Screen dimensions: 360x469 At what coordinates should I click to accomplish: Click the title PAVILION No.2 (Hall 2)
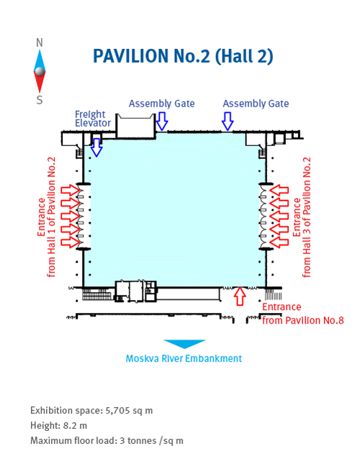click(x=183, y=56)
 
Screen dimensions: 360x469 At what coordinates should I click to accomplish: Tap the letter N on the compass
click(x=39, y=42)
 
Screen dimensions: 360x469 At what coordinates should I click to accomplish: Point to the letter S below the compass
click(x=39, y=99)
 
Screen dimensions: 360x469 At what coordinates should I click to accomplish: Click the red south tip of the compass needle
click(x=40, y=91)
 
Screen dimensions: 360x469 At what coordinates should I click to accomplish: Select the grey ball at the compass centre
click(x=40, y=71)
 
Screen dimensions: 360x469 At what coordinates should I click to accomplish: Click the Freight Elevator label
click(x=93, y=119)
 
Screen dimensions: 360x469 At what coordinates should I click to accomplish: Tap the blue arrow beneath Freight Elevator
click(x=96, y=147)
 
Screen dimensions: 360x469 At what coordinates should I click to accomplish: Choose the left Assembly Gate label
click(x=162, y=104)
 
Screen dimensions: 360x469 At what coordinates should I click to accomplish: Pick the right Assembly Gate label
click(x=256, y=104)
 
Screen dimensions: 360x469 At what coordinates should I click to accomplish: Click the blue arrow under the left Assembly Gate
click(x=162, y=121)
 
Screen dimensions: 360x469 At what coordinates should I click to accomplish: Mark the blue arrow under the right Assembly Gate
click(x=228, y=121)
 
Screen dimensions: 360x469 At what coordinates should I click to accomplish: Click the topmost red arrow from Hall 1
click(x=71, y=191)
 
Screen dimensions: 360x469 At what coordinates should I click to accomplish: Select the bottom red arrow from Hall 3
click(x=279, y=242)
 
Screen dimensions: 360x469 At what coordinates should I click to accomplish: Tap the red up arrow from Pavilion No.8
click(x=240, y=296)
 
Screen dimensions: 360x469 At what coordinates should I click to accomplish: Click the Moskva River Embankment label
click(x=184, y=358)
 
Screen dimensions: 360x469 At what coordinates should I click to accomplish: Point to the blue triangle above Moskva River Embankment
click(x=184, y=344)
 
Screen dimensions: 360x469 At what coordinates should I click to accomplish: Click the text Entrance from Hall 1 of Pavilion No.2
click(x=46, y=217)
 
